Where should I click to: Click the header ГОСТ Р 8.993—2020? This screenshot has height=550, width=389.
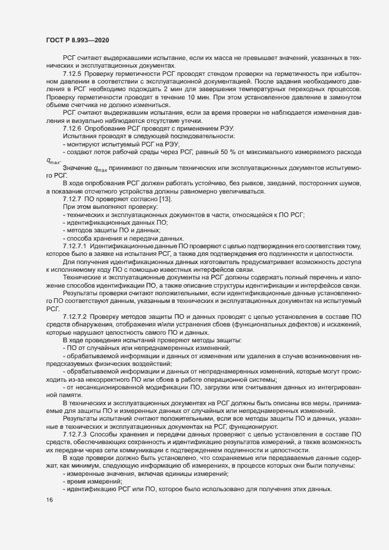pyautogui.click(x=77, y=39)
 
